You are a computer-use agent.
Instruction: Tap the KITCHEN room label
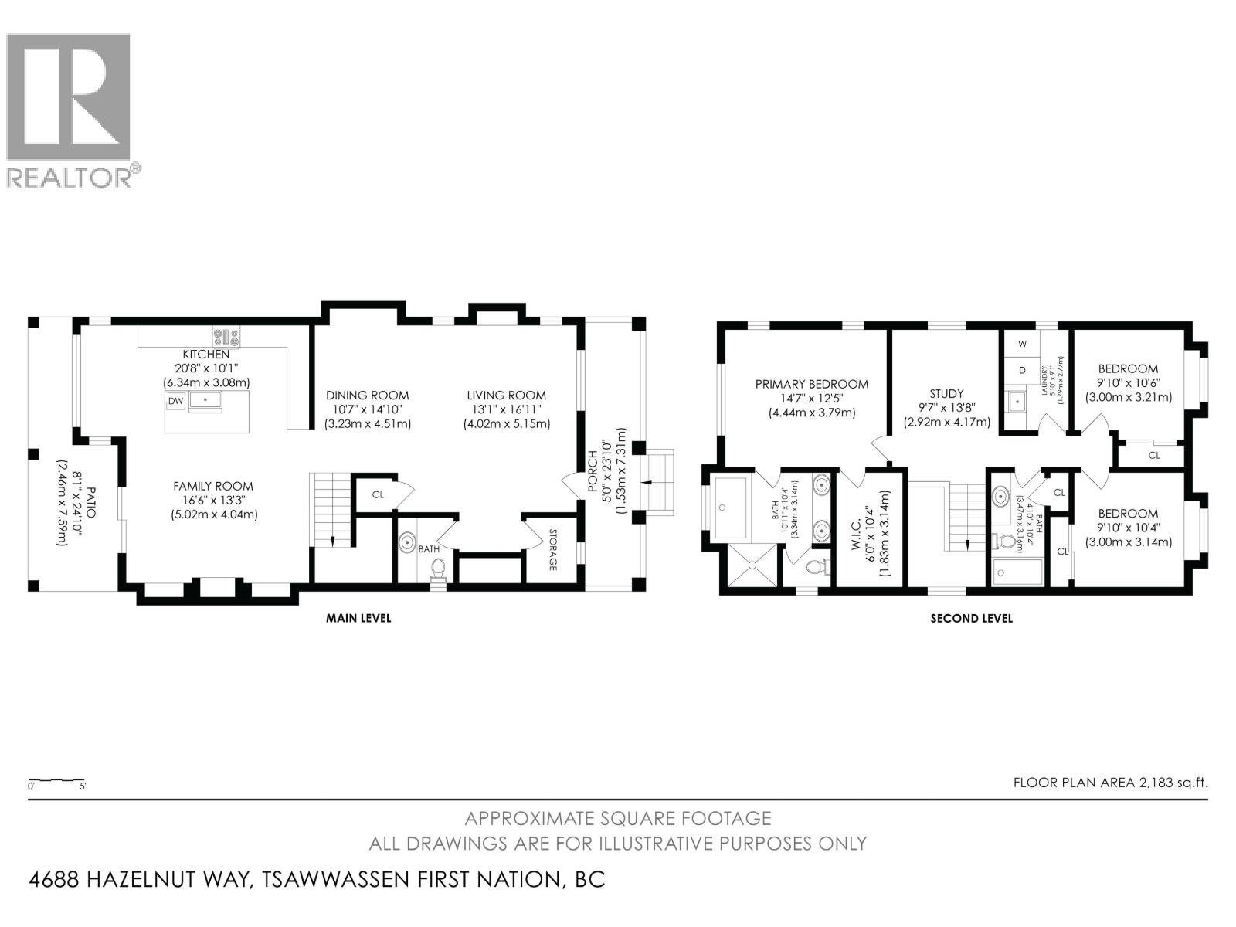[205, 354]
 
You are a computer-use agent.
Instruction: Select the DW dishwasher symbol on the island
[175, 401]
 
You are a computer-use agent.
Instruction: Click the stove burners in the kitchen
[227, 337]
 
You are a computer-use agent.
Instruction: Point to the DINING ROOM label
[367, 395]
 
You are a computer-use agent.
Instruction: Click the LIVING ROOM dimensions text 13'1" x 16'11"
[506, 409]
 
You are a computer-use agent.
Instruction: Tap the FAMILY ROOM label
[213, 486]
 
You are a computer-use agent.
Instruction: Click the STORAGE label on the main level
[552, 550]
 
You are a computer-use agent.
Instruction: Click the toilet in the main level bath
[439, 569]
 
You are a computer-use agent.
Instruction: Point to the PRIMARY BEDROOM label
[812, 384]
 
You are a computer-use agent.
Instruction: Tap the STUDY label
[946, 394]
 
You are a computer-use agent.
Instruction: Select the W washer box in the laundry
[1022, 344]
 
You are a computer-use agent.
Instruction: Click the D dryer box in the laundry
[1022, 371]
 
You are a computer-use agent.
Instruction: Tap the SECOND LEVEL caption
[971, 618]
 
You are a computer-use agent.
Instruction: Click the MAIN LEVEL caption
[358, 618]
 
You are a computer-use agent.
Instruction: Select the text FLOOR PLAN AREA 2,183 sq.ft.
[1110, 782]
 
